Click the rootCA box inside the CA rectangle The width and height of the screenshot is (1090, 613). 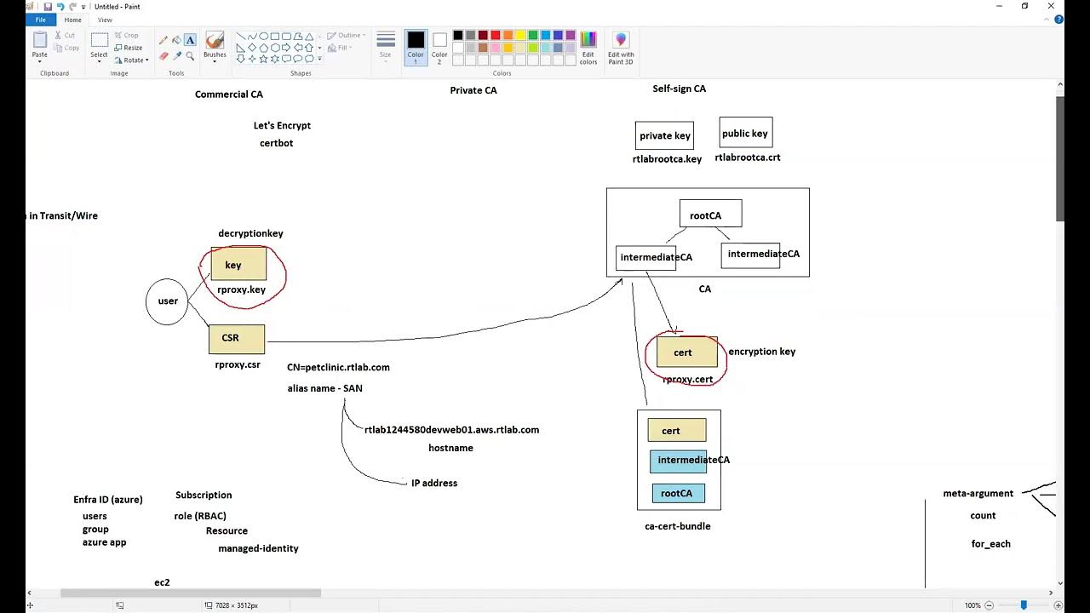click(x=710, y=215)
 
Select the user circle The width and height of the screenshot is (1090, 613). click(x=167, y=301)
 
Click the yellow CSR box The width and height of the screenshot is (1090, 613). click(x=236, y=339)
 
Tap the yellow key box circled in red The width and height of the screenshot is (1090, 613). click(x=238, y=265)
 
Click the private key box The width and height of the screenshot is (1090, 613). click(x=664, y=135)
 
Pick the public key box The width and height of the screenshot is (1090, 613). click(x=745, y=133)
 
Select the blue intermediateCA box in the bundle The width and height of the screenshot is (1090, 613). click(x=678, y=461)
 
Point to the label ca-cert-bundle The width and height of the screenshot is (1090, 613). click(x=677, y=526)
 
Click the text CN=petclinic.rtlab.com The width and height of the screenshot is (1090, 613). click(x=338, y=368)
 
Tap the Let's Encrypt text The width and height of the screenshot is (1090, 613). click(x=282, y=125)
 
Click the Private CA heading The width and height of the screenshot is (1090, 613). click(x=473, y=90)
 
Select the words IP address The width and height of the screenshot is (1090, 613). click(x=434, y=483)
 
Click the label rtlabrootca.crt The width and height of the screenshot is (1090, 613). click(x=747, y=158)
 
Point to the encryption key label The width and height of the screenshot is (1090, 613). click(x=761, y=352)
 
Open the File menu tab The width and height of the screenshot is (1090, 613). click(x=40, y=20)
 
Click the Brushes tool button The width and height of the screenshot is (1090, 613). click(x=215, y=46)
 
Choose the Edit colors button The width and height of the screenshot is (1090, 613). click(x=588, y=48)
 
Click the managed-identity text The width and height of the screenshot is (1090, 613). click(x=258, y=548)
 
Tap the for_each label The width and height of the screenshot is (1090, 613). click(x=990, y=544)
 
